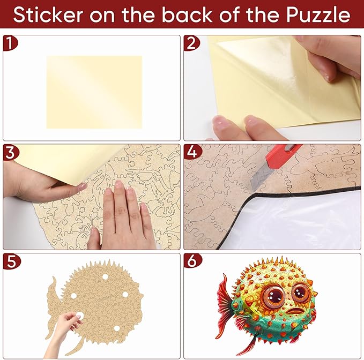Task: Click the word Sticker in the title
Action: point(48,15)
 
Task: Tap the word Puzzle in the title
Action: point(318,15)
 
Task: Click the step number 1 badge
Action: point(10,43)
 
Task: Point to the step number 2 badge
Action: point(191,43)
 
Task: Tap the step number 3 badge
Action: point(10,152)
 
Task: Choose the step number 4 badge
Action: point(192,152)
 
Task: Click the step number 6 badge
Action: point(192,261)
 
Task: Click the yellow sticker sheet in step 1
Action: point(94,92)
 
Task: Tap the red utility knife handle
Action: point(283,156)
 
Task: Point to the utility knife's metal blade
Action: point(261,179)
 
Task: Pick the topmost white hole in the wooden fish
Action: point(105,277)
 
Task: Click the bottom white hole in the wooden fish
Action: point(117,328)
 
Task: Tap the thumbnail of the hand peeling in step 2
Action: point(328,78)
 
